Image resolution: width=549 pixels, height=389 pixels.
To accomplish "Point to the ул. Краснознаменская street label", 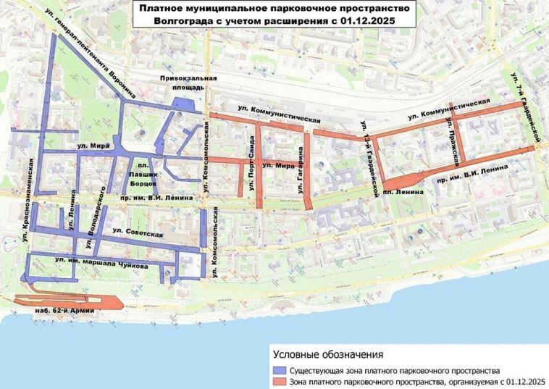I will (28, 193).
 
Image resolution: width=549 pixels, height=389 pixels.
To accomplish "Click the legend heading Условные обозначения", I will (327, 354).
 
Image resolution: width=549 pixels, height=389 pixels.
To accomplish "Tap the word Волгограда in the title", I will (184, 22).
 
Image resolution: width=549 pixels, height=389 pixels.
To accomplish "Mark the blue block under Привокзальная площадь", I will (184, 105).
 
